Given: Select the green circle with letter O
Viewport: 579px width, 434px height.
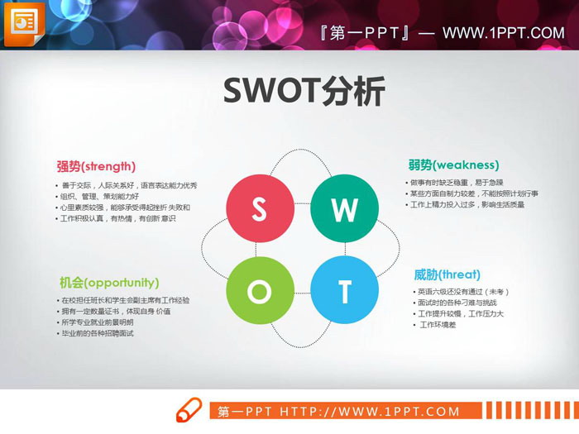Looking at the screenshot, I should (x=259, y=290).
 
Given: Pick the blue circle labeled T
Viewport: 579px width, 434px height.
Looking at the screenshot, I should (x=344, y=290).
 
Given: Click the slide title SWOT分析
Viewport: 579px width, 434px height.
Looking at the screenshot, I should (x=304, y=91).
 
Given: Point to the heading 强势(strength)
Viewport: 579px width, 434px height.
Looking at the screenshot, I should (x=96, y=165).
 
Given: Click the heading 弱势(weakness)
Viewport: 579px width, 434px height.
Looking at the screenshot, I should (x=453, y=165).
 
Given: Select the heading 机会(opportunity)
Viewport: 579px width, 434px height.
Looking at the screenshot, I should (x=108, y=282).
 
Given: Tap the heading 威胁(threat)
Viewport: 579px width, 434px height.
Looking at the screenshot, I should (x=447, y=274).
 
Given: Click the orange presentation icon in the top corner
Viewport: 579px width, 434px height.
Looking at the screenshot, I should (x=25, y=24).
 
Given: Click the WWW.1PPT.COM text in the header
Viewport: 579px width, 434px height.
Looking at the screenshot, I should (x=503, y=34).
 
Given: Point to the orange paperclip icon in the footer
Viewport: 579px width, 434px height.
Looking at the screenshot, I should (x=189, y=410).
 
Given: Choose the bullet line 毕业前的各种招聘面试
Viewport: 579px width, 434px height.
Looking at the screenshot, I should (x=97, y=333).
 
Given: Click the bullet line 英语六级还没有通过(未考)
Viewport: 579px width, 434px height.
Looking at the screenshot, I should (x=462, y=292).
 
